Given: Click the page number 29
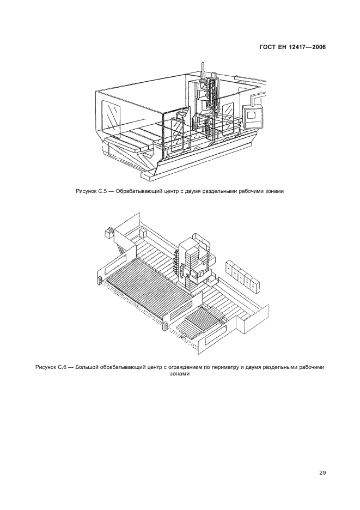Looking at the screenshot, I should point(322,473).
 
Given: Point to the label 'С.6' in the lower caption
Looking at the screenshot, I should point(59,367).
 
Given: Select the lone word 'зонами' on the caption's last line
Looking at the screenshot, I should point(180,374).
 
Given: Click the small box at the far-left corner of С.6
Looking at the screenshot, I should point(107,233).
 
